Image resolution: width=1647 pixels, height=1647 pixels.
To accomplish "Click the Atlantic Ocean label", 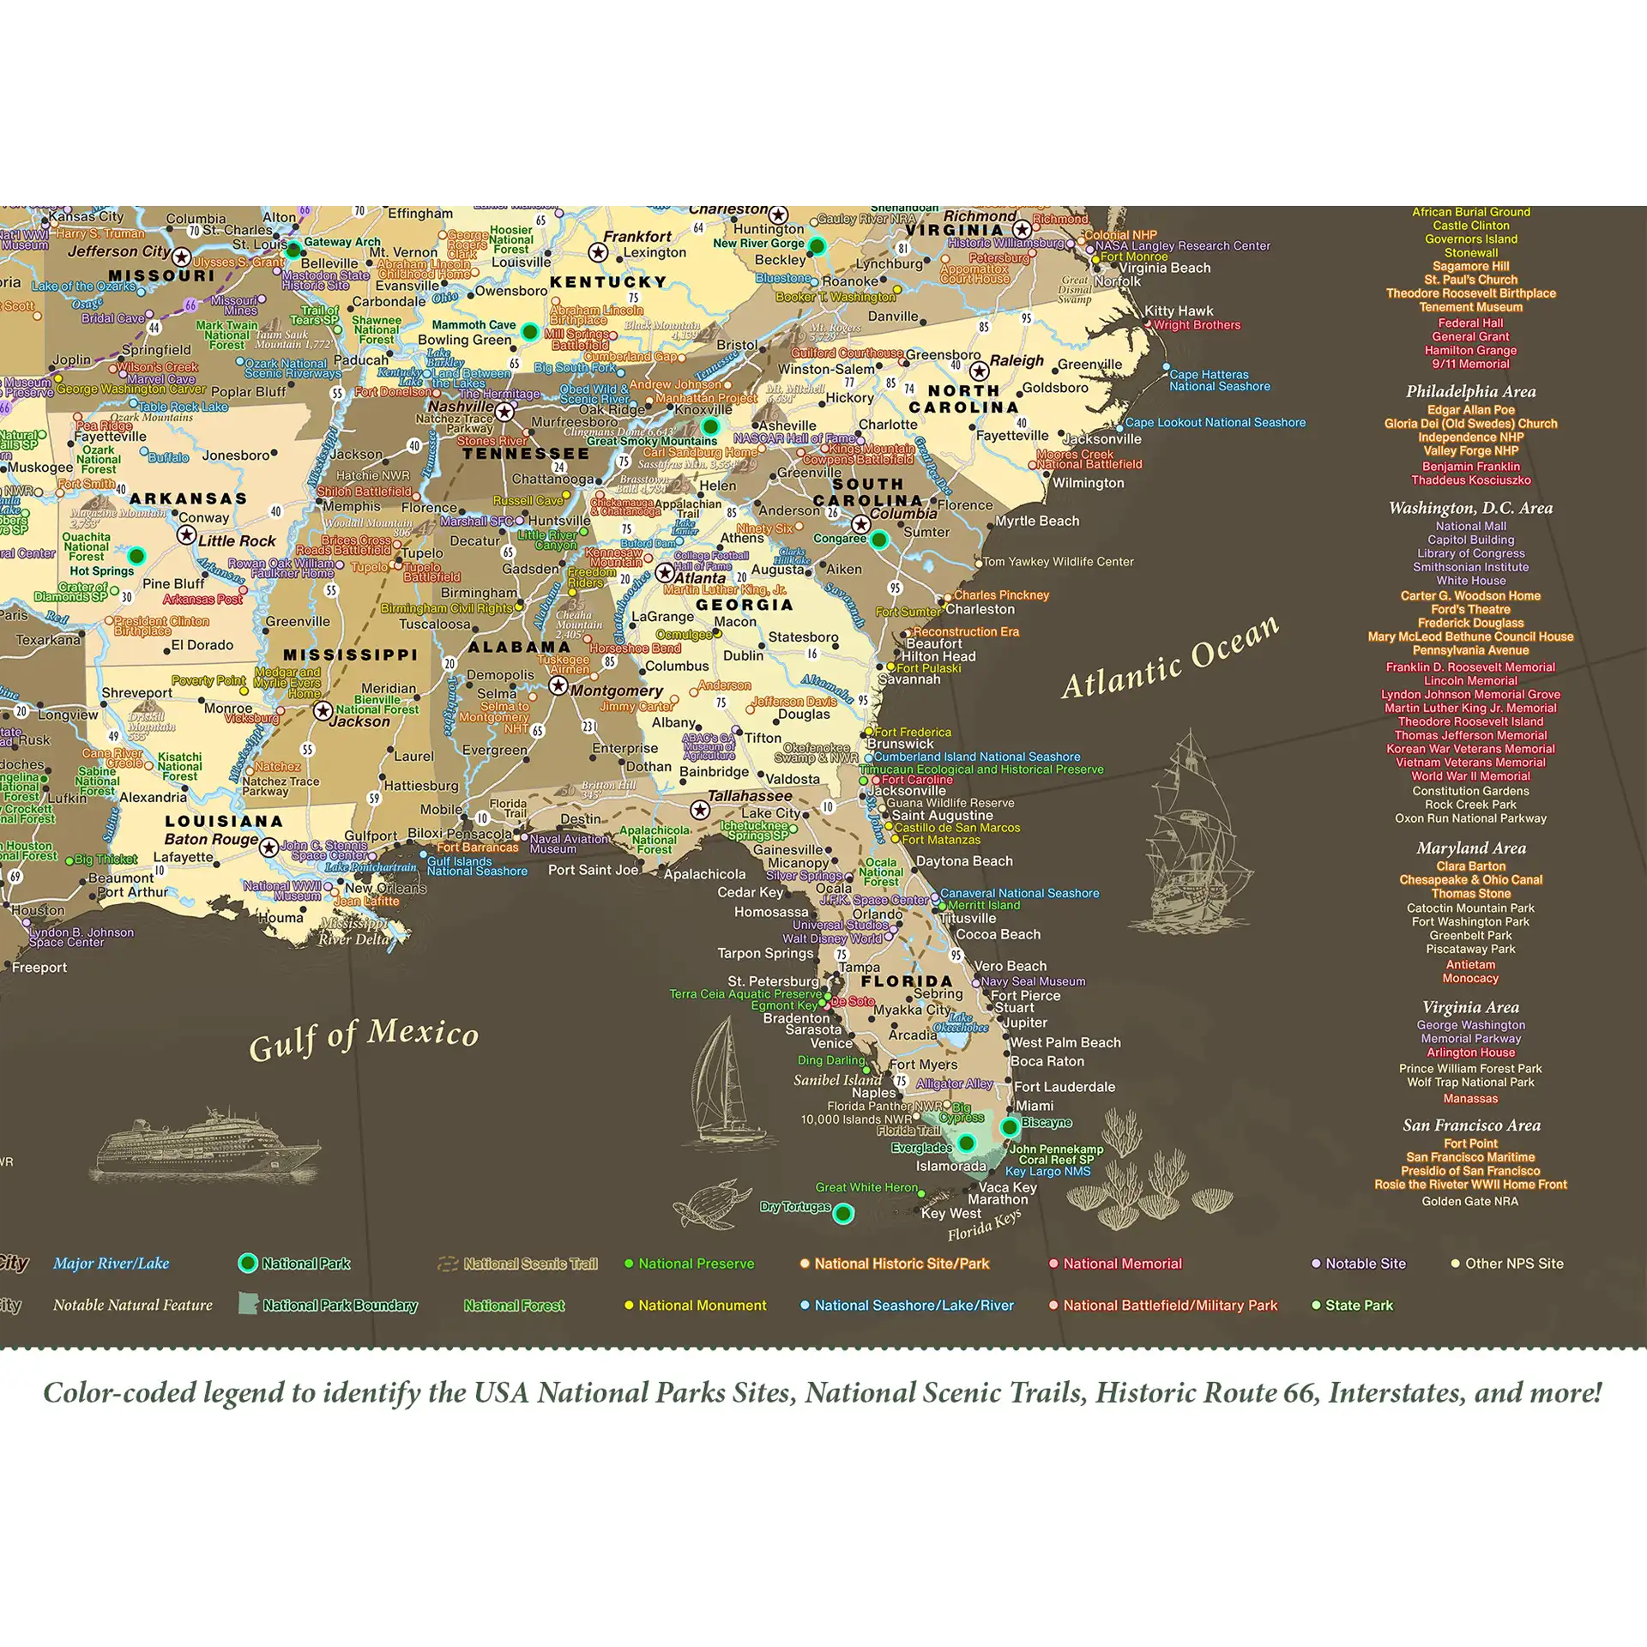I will [1170, 658].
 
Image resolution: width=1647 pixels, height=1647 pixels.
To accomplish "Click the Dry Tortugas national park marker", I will [843, 1213].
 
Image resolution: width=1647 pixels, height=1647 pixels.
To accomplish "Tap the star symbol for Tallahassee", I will [700, 810].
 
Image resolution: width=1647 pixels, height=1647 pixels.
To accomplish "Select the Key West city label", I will [950, 1213].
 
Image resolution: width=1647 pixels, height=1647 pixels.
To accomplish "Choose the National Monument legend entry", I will [702, 1306].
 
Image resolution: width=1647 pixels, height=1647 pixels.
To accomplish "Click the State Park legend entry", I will [1359, 1306].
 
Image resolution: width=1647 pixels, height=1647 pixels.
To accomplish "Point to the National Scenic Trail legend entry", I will [530, 1264].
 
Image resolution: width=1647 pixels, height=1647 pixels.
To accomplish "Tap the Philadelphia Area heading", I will [1470, 392].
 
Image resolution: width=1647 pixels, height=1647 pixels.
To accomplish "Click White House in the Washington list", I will [1470, 581].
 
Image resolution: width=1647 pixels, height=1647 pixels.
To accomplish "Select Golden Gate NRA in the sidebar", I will [1469, 1202].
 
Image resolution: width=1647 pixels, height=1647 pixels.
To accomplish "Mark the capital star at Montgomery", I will [558, 685].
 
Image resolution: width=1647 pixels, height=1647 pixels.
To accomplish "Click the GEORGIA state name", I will [744, 606].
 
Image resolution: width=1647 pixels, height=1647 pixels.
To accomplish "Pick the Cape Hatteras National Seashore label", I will [1219, 381].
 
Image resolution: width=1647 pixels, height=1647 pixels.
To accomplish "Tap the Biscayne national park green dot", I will [1010, 1126].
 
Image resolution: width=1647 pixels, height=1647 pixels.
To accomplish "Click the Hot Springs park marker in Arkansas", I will [136, 556].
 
